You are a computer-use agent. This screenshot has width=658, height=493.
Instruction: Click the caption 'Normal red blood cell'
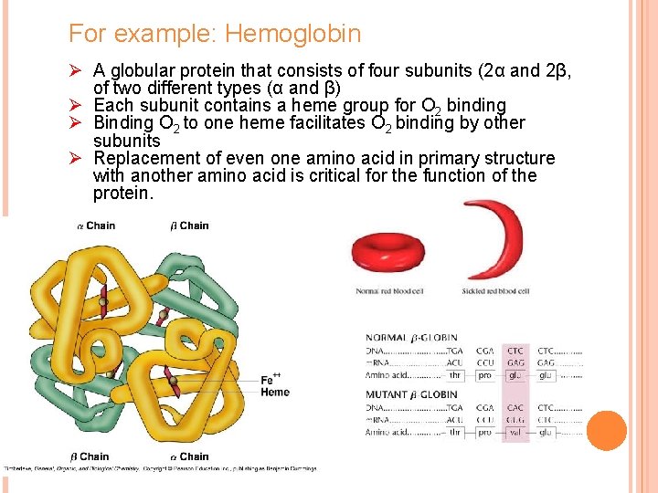(388, 291)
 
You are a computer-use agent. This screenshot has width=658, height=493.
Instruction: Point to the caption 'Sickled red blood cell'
(496, 291)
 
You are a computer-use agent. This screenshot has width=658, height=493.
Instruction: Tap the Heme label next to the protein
(274, 393)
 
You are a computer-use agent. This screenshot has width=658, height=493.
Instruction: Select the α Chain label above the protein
(95, 226)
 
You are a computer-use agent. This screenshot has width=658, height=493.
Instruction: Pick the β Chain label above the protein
(189, 226)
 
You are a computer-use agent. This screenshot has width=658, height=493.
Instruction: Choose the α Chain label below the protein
(189, 456)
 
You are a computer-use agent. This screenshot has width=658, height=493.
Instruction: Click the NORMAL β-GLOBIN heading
(411, 338)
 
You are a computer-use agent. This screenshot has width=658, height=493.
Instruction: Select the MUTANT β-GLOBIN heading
(411, 394)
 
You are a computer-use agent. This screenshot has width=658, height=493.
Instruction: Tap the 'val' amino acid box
(515, 432)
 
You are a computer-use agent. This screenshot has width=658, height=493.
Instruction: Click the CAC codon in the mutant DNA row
(515, 408)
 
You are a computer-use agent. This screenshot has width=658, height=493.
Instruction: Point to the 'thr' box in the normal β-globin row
(455, 375)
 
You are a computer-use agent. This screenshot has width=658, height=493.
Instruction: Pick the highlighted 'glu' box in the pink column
(515, 375)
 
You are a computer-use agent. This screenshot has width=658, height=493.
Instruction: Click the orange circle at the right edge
(606, 431)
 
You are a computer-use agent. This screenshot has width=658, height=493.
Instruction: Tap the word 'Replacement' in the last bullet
(146, 158)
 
